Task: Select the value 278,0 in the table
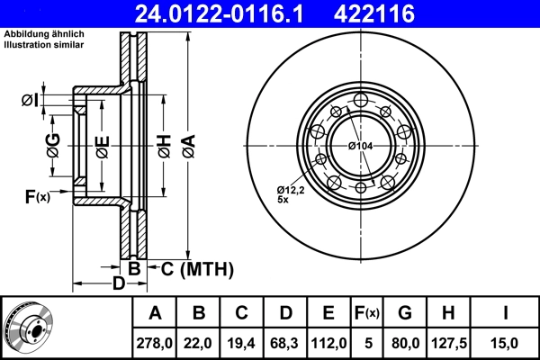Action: click(155, 341)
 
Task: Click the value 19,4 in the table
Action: click(242, 341)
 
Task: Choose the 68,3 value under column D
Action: click(285, 341)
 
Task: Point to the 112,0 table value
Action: click(328, 341)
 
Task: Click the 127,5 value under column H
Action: click(448, 341)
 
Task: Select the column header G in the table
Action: click(405, 312)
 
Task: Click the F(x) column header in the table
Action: click(366, 312)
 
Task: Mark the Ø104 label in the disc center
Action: click(360, 145)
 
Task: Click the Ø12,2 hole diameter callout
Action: click(291, 189)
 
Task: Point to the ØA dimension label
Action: click(187, 143)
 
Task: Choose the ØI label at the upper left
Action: click(30, 100)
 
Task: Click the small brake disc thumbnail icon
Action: click(29, 327)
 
